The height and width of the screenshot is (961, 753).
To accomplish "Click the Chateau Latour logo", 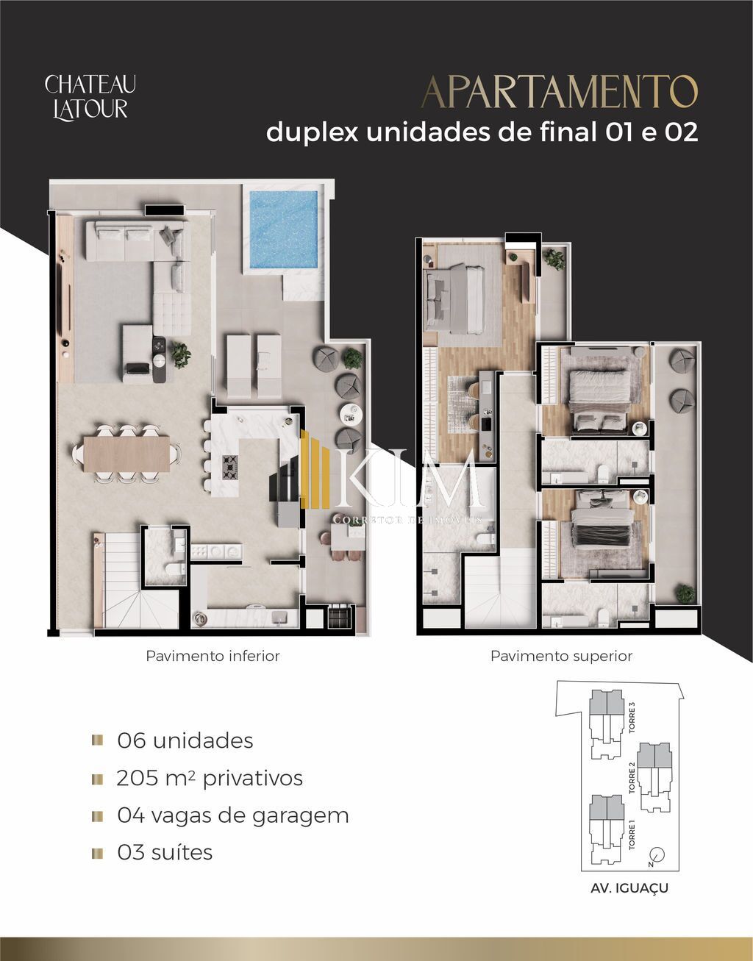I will click(90, 97).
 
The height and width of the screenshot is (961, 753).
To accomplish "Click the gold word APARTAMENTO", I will click(559, 92).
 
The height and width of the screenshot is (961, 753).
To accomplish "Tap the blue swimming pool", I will click(283, 229).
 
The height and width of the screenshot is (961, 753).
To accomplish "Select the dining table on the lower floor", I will click(126, 454).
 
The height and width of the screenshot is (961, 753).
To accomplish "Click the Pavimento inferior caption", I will click(213, 656).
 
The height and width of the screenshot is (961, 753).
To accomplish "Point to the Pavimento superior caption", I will click(561, 656).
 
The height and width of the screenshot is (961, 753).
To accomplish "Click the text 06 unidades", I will click(185, 740).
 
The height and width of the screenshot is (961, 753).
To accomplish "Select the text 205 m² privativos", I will click(210, 778).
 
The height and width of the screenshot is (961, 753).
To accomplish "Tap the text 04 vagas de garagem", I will click(232, 815).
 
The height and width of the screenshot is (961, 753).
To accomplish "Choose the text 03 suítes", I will click(165, 853).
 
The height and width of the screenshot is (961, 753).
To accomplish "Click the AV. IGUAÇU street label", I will click(629, 888).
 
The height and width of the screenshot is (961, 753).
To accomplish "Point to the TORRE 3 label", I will click(632, 718).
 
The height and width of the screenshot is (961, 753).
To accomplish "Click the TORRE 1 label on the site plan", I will click(632, 835).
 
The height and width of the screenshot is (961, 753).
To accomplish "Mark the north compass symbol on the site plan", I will click(657, 855).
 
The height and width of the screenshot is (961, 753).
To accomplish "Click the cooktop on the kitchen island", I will click(230, 464).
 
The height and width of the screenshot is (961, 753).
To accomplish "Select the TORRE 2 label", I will click(632, 777).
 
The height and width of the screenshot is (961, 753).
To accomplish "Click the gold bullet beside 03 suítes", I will click(97, 853).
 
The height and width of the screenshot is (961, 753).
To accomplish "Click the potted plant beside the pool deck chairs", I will click(353, 358).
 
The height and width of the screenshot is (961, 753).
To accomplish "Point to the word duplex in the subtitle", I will click(312, 132).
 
